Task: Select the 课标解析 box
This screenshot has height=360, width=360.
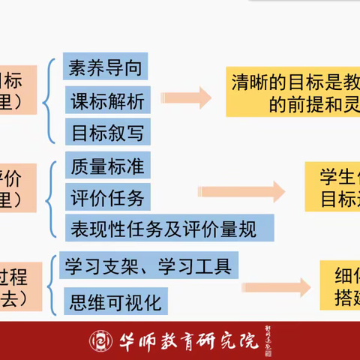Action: (105, 99)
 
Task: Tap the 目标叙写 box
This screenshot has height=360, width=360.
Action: (105, 131)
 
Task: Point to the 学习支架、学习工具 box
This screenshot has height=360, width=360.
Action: (148, 265)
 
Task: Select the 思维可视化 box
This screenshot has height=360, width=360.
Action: (114, 301)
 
